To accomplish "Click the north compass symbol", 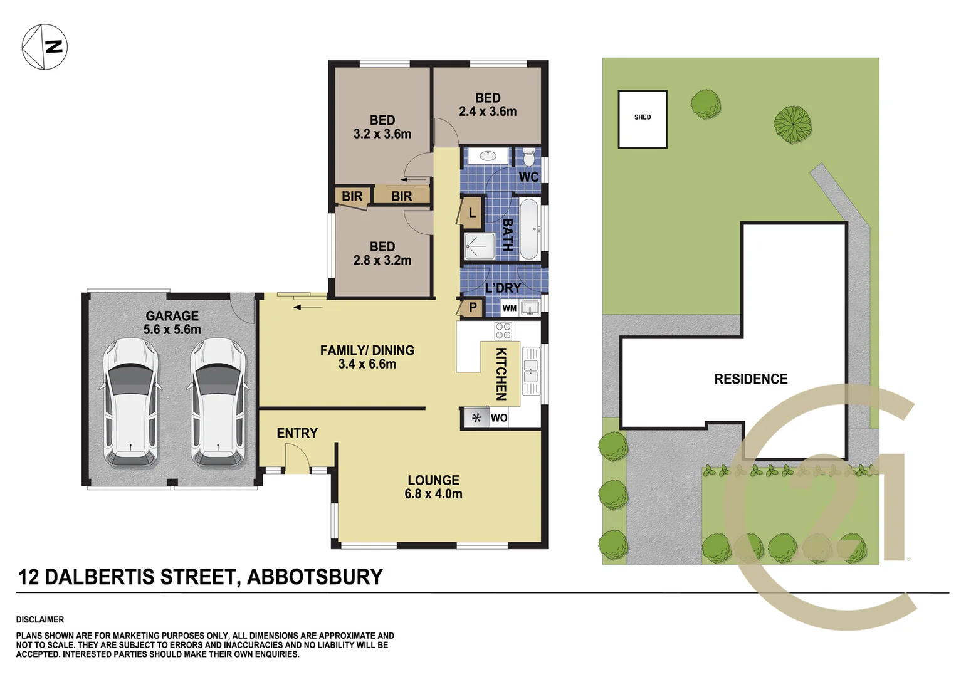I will [x=45, y=47].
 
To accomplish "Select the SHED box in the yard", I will [x=642, y=119].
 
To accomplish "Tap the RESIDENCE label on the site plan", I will [x=750, y=379].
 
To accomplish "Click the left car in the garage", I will [x=131, y=402].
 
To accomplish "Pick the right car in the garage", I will [x=218, y=402].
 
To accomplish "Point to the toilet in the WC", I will [x=529, y=155].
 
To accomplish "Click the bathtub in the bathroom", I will [x=530, y=229].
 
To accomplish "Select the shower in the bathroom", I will [x=480, y=246].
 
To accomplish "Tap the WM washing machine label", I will [x=509, y=308].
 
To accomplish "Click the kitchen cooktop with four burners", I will [x=503, y=330].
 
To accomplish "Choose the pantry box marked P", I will [x=473, y=308].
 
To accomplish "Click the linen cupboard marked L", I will [x=471, y=213].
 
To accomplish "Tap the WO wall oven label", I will [x=499, y=418].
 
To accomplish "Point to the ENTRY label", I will [x=297, y=433].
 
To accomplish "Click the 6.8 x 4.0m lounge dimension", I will [x=433, y=494].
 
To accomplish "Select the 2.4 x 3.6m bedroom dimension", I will [x=488, y=112].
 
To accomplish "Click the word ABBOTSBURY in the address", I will [x=315, y=577].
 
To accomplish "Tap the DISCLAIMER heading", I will [x=40, y=619].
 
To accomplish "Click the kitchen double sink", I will [x=530, y=370].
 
